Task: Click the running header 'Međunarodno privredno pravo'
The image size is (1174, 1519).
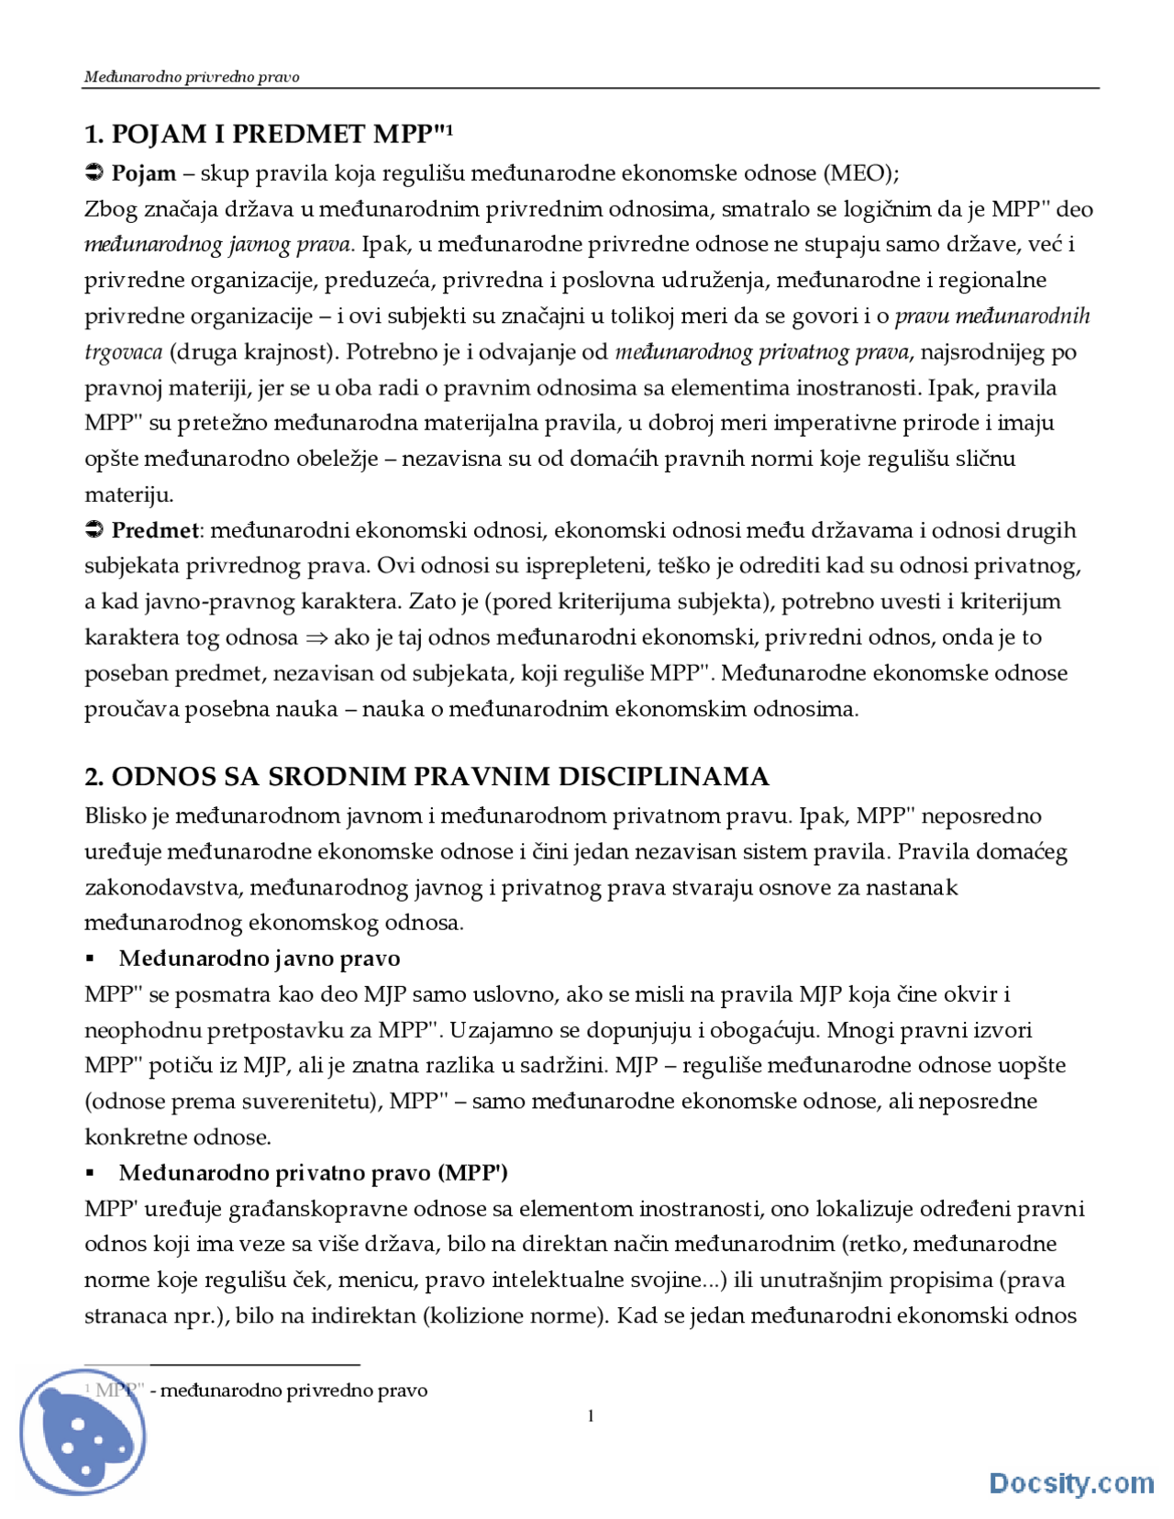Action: pyautogui.click(x=192, y=77)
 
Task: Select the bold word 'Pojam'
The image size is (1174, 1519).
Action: pyautogui.click(x=143, y=173)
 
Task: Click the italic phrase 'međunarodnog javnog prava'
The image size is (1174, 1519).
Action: pyautogui.click(x=218, y=245)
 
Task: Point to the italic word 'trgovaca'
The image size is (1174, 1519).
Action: pyautogui.click(x=123, y=352)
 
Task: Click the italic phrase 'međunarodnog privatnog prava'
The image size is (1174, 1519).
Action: pyautogui.click(x=762, y=352)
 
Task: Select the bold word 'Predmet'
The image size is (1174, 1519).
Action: pyautogui.click(x=154, y=530)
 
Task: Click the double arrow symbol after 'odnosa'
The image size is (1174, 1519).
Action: pyautogui.click(x=316, y=638)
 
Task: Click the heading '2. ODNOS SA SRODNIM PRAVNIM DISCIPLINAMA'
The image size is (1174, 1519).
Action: pyautogui.click(x=426, y=777)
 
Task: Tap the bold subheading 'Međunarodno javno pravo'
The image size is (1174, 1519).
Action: pyautogui.click(x=260, y=959)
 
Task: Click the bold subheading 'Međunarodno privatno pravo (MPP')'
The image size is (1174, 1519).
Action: pyautogui.click(x=313, y=1173)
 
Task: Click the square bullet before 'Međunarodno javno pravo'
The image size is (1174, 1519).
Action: pyautogui.click(x=90, y=959)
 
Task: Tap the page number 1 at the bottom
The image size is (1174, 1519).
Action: pyautogui.click(x=591, y=1416)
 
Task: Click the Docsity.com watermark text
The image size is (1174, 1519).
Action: pyautogui.click(x=1070, y=1482)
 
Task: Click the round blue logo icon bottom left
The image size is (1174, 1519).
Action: pyautogui.click(x=83, y=1434)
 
